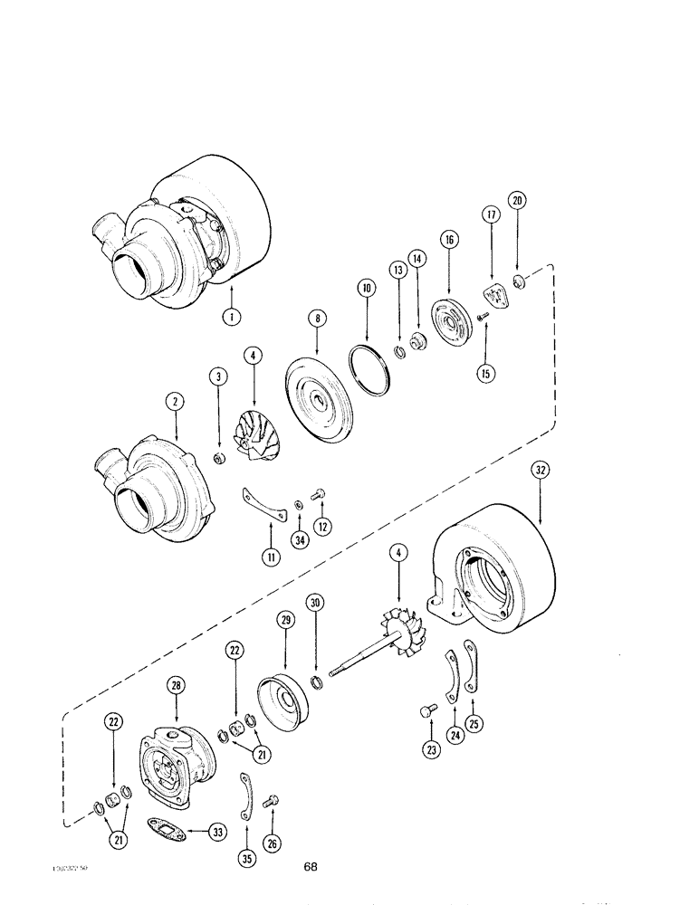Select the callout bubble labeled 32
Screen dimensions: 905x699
coord(541,471)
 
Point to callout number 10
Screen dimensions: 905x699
coord(367,290)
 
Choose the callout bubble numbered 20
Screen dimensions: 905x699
coord(517,201)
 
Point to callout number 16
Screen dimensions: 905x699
coord(451,240)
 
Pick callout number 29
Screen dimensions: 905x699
coord(285,620)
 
